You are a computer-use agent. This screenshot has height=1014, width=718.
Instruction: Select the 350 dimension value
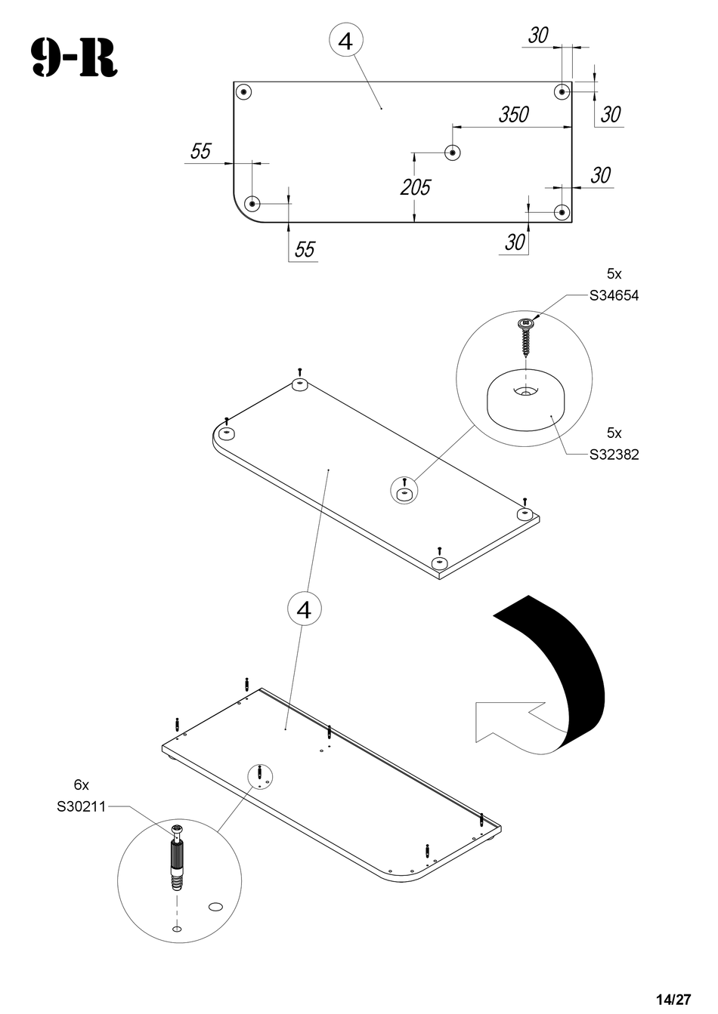coord(513,115)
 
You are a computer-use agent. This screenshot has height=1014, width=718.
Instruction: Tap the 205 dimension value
coord(415,186)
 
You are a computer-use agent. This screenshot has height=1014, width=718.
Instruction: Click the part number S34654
coord(614,295)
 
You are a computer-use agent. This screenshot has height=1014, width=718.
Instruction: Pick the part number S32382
coord(614,455)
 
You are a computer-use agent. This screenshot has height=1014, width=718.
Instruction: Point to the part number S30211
coord(81,806)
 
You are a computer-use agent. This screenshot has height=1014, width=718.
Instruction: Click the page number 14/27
coord(673,1000)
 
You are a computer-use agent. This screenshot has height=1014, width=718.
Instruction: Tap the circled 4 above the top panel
coord(345,41)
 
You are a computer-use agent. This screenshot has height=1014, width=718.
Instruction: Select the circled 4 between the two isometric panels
coord(305,609)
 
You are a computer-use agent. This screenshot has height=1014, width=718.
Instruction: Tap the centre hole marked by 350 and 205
coord(452,153)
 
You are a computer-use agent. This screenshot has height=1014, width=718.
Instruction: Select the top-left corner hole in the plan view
coord(243,92)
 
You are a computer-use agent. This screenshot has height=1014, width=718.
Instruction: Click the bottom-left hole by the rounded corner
coord(252,203)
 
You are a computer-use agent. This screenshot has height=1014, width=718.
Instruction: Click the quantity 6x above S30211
coord(81,785)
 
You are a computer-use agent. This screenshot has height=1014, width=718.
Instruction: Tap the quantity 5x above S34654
coord(614,274)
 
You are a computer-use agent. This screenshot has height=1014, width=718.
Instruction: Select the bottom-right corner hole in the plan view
coord(561,212)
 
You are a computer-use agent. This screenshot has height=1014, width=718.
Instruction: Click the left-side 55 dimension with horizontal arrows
coord(200,151)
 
